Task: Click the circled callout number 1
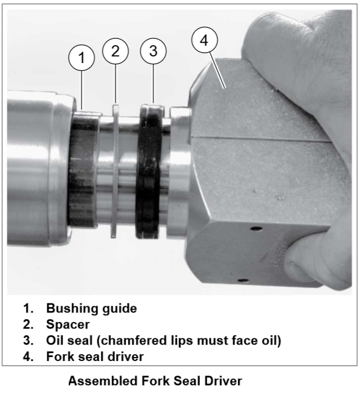click(x=82, y=58)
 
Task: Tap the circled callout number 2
click(x=115, y=51)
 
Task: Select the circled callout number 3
click(x=153, y=51)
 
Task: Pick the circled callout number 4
click(x=205, y=40)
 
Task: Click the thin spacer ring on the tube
click(x=115, y=171)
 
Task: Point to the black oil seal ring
click(x=149, y=172)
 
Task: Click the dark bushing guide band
click(x=82, y=169)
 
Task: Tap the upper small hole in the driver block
click(x=256, y=229)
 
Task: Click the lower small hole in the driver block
click(x=244, y=280)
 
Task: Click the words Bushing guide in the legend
click(x=91, y=309)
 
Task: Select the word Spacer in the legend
click(x=68, y=324)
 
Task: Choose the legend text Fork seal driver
click(x=95, y=356)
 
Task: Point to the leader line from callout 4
click(x=217, y=70)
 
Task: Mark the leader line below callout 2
click(x=115, y=84)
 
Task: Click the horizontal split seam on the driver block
click(x=261, y=139)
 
